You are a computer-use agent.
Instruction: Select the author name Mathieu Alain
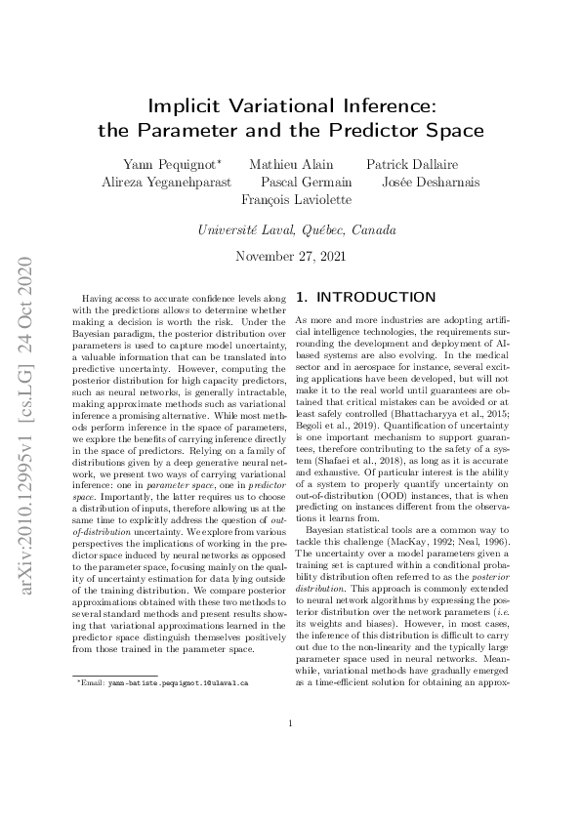pyautogui.click(x=291, y=164)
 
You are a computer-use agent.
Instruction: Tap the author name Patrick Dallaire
pyautogui.click(x=412, y=164)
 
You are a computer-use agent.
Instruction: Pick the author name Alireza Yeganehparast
pyautogui.click(x=166, y=182)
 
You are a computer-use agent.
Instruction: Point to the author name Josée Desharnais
pyautogui.click(x=426, y=182)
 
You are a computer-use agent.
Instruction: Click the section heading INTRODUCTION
pyautogui.click(x=373, y=296)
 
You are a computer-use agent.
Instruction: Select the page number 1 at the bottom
pyautogui.click(x=291, y=751)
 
